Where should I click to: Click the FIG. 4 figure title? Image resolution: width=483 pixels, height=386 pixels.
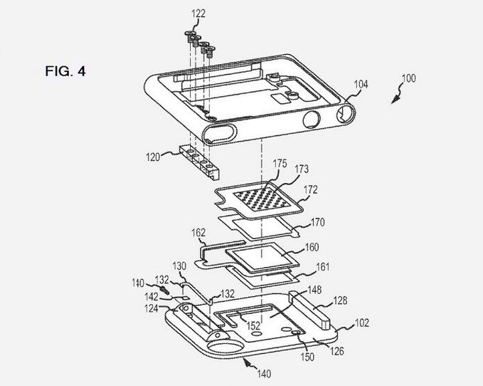65,71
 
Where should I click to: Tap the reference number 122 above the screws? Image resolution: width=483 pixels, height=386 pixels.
198,14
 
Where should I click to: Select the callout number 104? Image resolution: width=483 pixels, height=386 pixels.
361,84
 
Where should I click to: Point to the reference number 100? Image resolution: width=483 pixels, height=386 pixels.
409,78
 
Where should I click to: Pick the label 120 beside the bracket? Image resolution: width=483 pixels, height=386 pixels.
153,157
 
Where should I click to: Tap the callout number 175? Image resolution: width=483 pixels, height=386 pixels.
280,164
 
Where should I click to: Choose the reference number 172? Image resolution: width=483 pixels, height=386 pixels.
310,189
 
